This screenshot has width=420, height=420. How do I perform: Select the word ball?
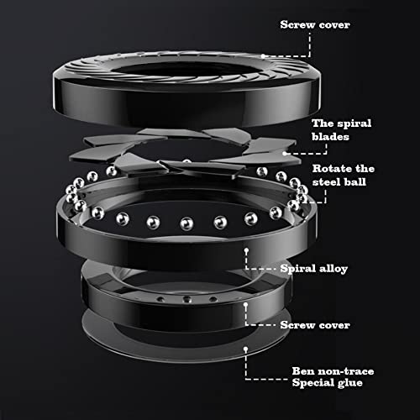[355, 181]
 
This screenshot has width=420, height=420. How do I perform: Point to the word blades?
[330, 137]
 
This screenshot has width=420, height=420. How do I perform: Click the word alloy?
[333, 269]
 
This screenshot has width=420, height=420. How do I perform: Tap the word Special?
[313, 383]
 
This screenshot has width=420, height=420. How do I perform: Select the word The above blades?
[323, 123]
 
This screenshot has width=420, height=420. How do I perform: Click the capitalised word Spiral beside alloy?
[298, 269]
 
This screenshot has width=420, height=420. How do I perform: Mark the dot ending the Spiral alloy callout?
[246, 250]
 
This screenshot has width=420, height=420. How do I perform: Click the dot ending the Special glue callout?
[245, 349]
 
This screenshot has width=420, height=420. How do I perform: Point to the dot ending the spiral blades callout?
[285, 153]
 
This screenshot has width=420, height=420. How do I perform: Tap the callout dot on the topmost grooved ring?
[263, 56]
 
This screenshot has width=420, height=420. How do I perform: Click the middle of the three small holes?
[186, 299]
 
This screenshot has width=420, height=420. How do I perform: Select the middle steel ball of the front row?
[186, 223]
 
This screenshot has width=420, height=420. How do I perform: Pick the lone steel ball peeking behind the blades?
[186, 161]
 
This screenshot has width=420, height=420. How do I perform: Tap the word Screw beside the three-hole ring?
[297, 325]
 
